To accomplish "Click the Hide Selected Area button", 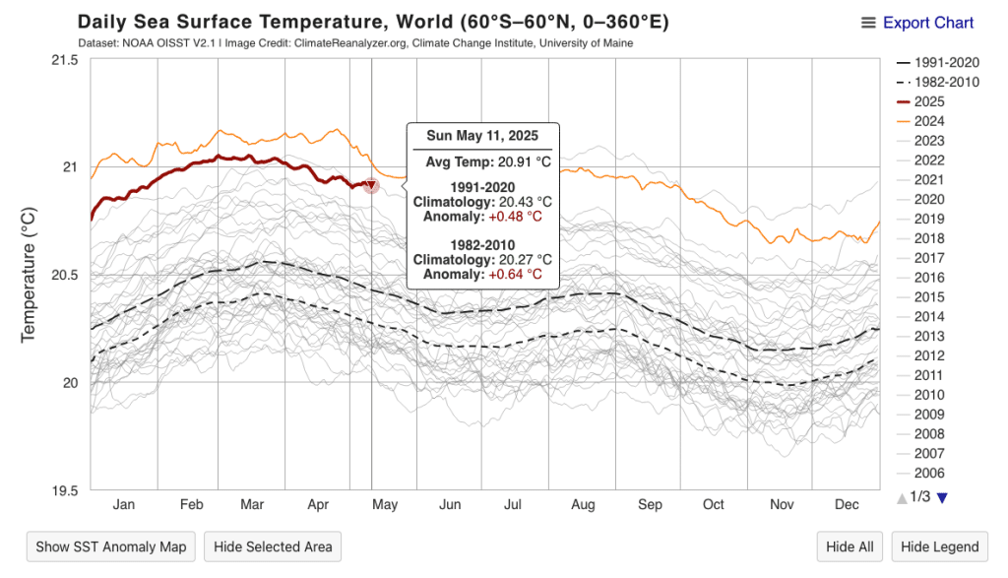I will [x=273, y=546].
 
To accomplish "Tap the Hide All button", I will [x=850, y=546].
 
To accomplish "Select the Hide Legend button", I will [x=940, y=546].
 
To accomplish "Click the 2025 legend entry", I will [x=929, y=101].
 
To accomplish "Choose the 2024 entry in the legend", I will [x=929, y=121].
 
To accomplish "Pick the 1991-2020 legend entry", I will [x=942, y=62].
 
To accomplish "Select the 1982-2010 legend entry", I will [x=942, y=82].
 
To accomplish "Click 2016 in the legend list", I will [x=929, y=278].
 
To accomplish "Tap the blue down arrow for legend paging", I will [x=942, y=497].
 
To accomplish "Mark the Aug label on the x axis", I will [x=583, y=505].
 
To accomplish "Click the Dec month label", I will [x=846, y=505].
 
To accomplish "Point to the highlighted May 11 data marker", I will [x=371, y=185].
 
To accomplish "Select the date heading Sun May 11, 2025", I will [x=482, y=137].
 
